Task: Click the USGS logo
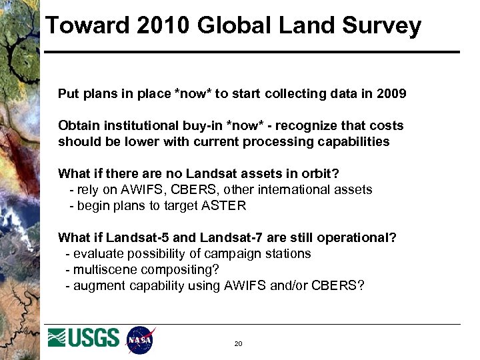[83, 338]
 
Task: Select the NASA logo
[141, 340]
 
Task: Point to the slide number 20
[238, 344]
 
